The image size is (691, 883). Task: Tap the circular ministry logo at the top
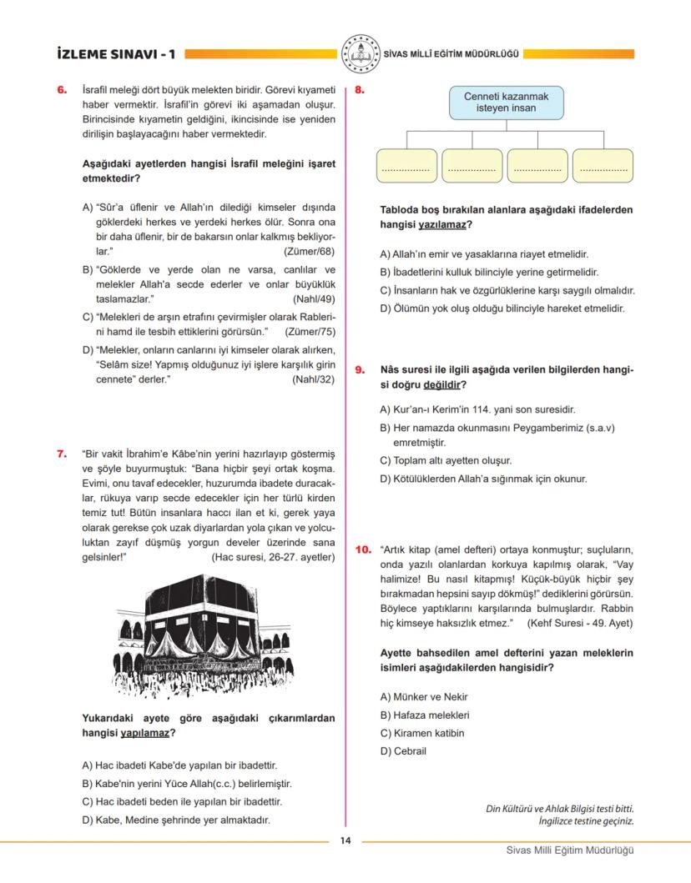pos(361,53)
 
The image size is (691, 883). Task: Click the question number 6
pos(62,90)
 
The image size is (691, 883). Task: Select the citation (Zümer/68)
pos(309,251)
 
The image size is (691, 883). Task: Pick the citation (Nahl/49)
pos(314,299)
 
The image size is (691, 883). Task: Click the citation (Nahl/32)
pos(314,379)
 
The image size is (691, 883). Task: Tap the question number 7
pos(62,454)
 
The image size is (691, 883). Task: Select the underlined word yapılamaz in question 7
pos(144,733)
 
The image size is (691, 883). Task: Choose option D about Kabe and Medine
pos(176,820)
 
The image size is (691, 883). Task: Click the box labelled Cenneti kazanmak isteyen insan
pos(507,103)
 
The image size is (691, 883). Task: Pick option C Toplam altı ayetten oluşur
pos(446,460)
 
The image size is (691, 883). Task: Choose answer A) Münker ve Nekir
pos(424,696)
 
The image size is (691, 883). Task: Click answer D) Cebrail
pos(403,751)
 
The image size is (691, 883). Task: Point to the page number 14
pos(345,840)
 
